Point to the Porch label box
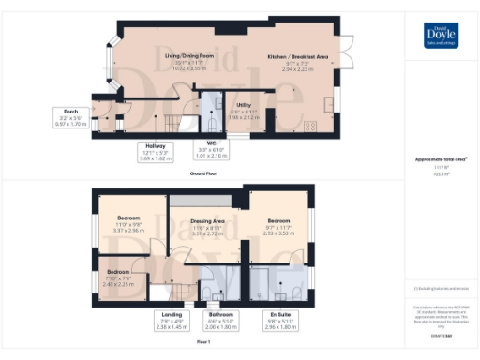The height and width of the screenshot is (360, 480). coord(70,117)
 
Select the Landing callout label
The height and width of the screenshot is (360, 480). coord(171,321)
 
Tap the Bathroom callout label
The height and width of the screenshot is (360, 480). coord(220,321)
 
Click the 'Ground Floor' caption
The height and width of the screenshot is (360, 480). coord(204,174)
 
